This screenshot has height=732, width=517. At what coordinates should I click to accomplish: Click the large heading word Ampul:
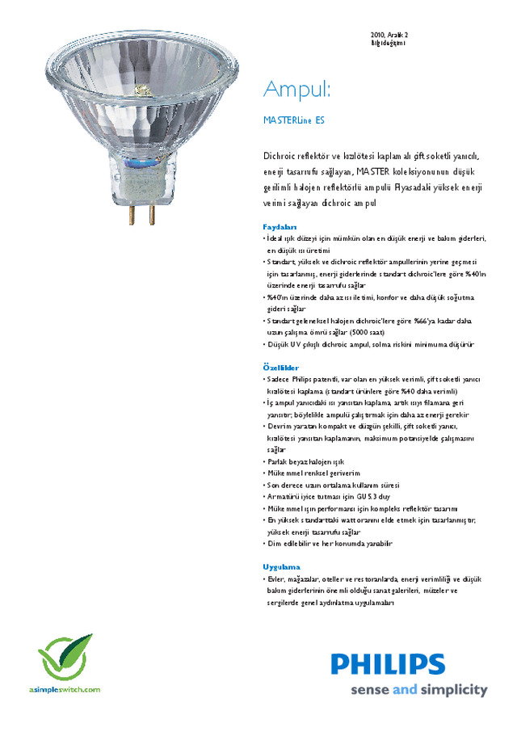pos(297,88)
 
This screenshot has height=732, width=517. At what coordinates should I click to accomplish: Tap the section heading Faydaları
pos(280,227)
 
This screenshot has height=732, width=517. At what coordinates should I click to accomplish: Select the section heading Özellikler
pos(281,368)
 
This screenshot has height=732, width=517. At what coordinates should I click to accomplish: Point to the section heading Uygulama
pos(281,567)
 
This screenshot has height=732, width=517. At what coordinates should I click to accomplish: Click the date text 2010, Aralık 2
pos(389,35)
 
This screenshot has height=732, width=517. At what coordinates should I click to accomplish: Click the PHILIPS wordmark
pos(388,664)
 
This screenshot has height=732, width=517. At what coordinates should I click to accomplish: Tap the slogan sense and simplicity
pos(418,691)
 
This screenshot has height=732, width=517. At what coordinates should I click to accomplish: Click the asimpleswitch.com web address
pos(65,689)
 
